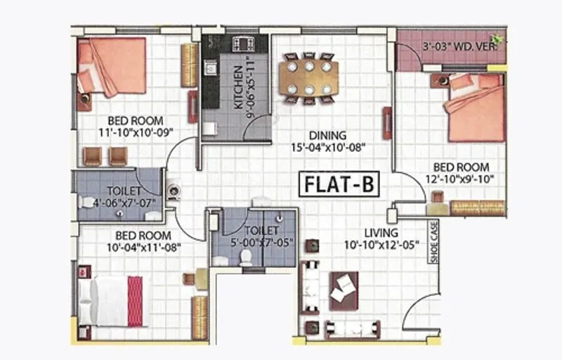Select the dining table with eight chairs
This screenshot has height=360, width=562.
(x=308, y=78)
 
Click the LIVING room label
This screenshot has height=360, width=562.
(x=381, y=233)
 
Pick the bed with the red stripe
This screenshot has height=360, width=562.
(x=112, y=301)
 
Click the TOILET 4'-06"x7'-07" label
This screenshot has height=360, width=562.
(x=124, y=198)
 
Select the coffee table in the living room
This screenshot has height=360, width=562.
(x=344, y=286)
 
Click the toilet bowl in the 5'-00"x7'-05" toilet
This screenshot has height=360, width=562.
(x=246, y=258)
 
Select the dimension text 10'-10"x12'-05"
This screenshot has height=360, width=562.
(x=381, y=245)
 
